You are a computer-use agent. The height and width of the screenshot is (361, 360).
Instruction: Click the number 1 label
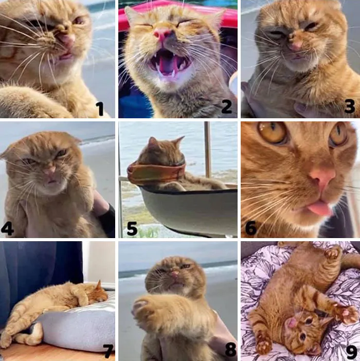click(100, 109)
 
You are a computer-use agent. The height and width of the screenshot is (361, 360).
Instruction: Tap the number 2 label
click(226, 106)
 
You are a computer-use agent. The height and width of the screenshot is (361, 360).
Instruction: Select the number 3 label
click(350, 106)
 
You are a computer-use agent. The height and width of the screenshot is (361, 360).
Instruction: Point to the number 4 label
click(7, 229)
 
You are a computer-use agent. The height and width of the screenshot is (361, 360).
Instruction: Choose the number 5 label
click(132, 229)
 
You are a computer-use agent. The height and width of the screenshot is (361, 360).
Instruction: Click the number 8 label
click(230, 349)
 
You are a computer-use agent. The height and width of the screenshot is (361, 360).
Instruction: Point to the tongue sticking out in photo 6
click(319, 208)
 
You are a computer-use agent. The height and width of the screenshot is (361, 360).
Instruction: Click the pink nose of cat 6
click(322, 178)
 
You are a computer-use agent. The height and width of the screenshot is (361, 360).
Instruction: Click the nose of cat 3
click(295, 46)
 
